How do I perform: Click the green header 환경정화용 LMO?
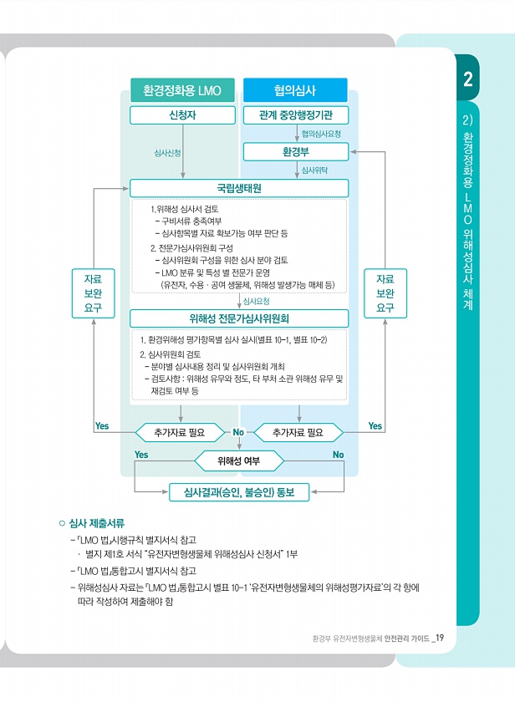pyautogui.click(x=181, y=90)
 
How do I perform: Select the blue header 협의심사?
pyautogui.click(x=295, y=90)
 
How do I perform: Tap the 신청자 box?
pyautogui.click(x=181, y=115)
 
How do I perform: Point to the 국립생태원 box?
pyautogui.click(x=238, y=189)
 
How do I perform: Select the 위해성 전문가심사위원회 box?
pyautogui.click(x=239, y=318)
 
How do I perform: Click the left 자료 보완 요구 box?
pyautogui.click(x=93, y=292)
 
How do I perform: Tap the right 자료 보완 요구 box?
pyautogui.click(x=385, y=292)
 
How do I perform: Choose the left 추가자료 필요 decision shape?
pyautogui.click(x=180, y=432)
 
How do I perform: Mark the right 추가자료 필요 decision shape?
pyautogui.click(x=298, y=432)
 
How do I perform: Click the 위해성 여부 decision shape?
pyautogui.click(x=239, y=460)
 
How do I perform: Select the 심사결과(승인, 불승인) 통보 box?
pyautogui.click(x=239, y=491)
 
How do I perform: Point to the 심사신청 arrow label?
pyautogui.click(x=167, y=153)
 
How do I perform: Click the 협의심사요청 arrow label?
pyautogui.click(x=321, y=134)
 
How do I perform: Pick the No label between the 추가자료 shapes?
pyautogui.click(x=238, y=432)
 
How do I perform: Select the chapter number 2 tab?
pyautogui.click(x=468, y=79)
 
